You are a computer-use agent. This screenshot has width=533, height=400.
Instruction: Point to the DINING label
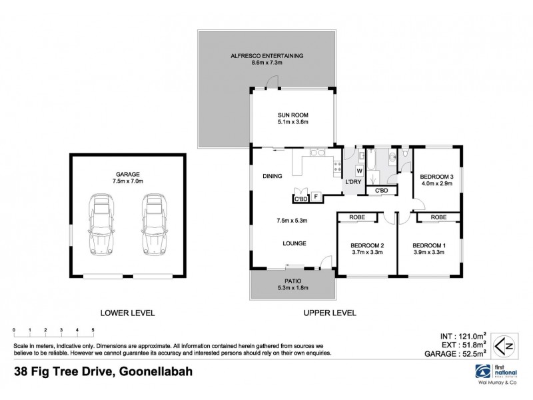click(273, 176)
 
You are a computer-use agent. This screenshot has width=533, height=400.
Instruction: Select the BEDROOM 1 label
click(428, 245)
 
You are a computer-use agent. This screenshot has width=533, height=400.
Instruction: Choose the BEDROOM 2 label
click(368, 245)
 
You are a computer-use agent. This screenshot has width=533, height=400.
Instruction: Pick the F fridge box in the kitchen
click(317, 197)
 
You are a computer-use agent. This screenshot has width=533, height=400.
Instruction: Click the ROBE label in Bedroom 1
click(438, 217)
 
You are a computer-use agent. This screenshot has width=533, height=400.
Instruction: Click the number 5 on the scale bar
click(93, 331)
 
